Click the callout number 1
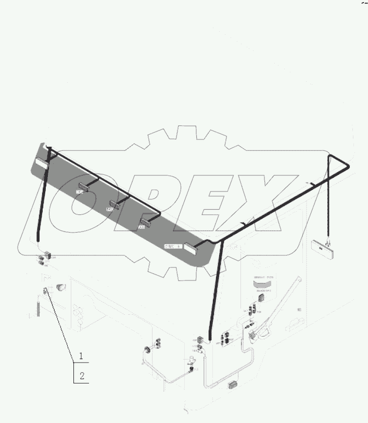(x=81, y=356)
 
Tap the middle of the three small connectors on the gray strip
(x=115, y=205)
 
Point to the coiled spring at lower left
(x=39, y=306)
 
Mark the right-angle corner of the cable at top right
(x=348, y=165)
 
